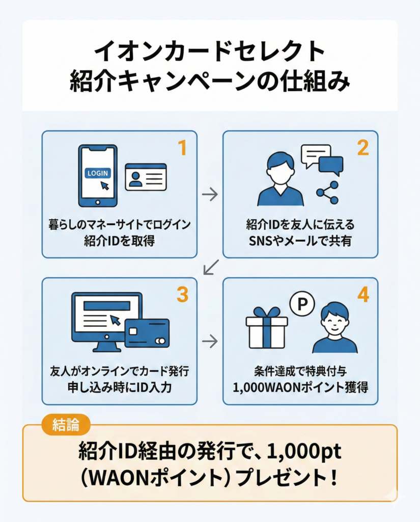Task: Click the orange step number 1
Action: tap(182, 147)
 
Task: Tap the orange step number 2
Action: tap(362, 147)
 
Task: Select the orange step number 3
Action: tap(182, 294)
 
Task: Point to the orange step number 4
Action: tap(362, 294)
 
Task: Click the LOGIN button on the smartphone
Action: tap(98, 173)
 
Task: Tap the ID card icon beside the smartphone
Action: tap(146, 177)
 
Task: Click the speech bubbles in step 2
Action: tap(322, 160)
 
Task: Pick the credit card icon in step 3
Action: tap(147, 332)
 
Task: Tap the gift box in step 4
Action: tap(266, 328)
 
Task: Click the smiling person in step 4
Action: tap(335, 328)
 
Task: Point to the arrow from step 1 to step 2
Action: tap(210, 194)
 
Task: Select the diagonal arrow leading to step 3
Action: tap(210, 267)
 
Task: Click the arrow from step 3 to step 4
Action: tap(210, 341)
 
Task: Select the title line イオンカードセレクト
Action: tap(210, 51)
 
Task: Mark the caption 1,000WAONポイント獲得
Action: tap(300, 387)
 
